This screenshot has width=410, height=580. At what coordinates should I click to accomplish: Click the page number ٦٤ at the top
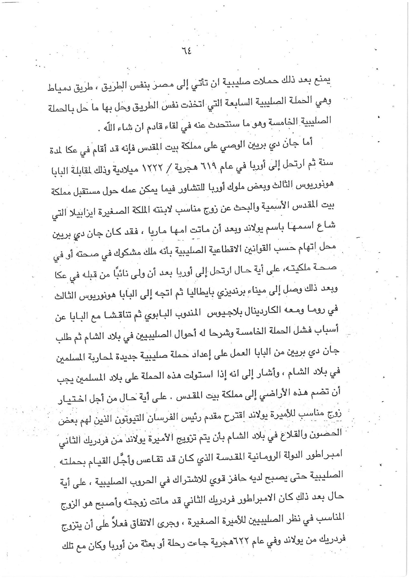click(x=186, y=51)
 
